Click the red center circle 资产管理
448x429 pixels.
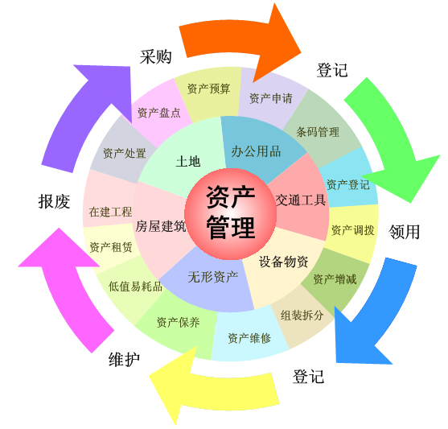click(230, 214)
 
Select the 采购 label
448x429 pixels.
click(156, 56)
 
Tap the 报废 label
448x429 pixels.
click(54, 201)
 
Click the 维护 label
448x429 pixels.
click(125, 359)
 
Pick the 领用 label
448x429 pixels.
click(404, 231)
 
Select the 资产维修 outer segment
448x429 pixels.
click(250, 336)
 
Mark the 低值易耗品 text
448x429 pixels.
click(135, 287)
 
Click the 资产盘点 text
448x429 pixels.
click(159, 113)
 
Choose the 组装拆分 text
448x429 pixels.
click(302, 316)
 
